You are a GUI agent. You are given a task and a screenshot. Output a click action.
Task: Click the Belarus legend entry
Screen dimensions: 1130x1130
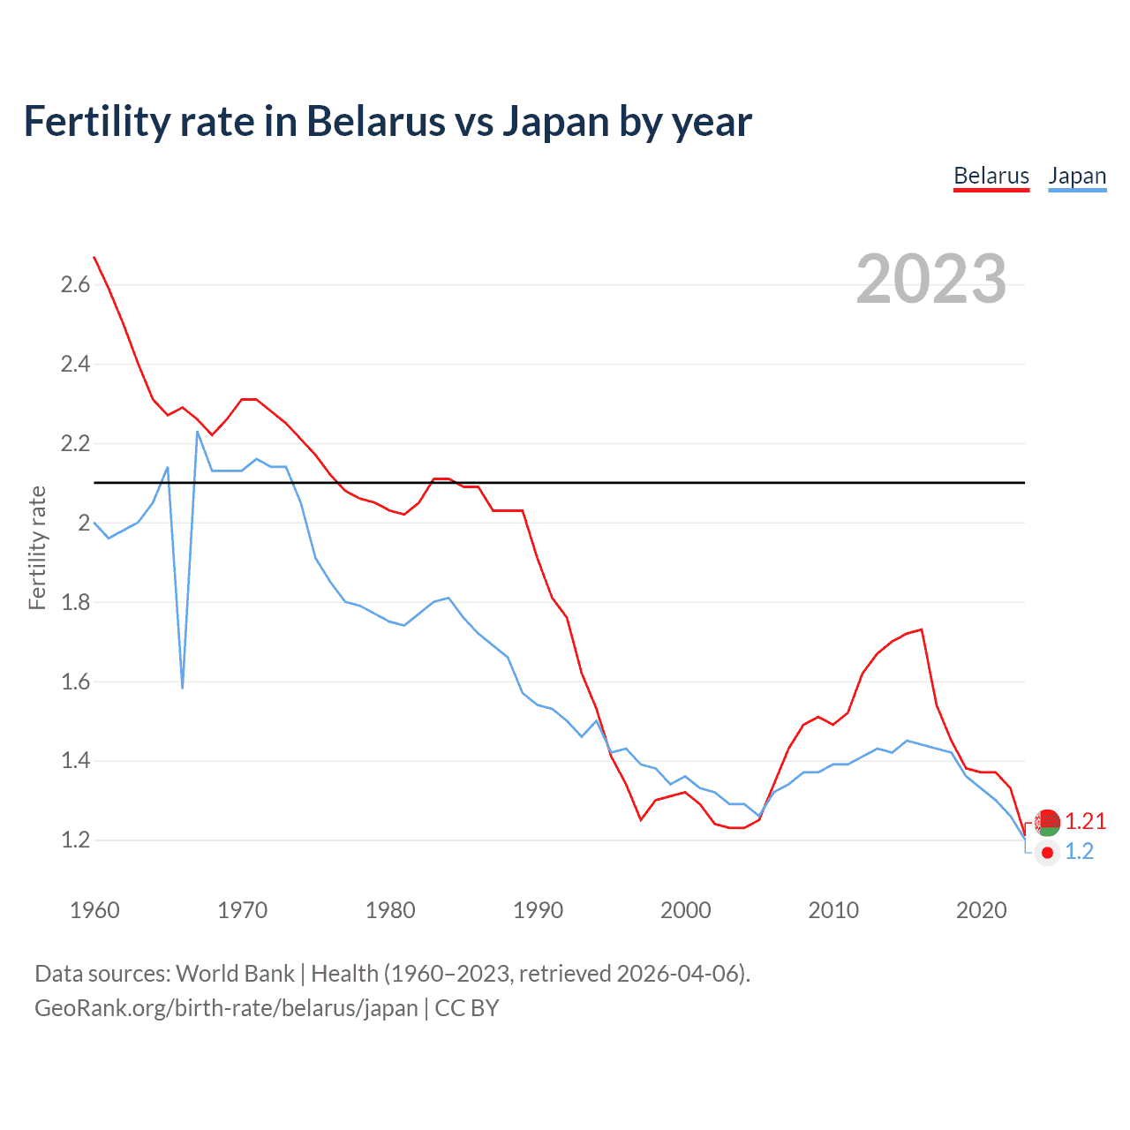click(x=991, y=176)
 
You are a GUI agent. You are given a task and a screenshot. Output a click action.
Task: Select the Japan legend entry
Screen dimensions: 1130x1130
click(x=1077, y=176)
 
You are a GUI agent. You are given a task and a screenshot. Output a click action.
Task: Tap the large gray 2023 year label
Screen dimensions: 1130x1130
click(x=931, y=279)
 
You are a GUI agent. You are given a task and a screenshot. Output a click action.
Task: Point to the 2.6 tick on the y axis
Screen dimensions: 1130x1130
click(x=75, y=284)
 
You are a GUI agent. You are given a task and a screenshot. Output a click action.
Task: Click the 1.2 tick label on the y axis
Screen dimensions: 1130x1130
click(x=75, y=840)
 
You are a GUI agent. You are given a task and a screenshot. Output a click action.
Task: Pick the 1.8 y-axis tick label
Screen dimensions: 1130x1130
click(x=75, y=602)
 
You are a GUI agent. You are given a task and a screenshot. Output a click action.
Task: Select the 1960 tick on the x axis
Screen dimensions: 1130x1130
click(x=94, y=910)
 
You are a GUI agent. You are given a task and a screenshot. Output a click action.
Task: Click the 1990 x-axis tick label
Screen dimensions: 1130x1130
click(x=538, y=910)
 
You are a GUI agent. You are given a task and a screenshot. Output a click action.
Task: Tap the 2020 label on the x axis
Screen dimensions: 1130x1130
click(x=981, y=910)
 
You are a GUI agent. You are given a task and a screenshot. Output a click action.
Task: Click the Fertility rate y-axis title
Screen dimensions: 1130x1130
click(x=37, y=547)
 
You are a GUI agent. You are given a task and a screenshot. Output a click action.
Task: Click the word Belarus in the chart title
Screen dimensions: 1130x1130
click(x=375, y=121)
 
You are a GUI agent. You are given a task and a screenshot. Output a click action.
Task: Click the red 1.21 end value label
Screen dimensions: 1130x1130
click(x=1085, y=821)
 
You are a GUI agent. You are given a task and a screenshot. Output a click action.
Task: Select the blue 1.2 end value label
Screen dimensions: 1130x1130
click(x=1079, y=851)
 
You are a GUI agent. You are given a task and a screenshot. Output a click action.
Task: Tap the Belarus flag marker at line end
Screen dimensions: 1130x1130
click(x=1047, y=822)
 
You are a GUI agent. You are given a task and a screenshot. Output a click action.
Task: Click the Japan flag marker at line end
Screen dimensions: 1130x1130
click(x=1047, y=853)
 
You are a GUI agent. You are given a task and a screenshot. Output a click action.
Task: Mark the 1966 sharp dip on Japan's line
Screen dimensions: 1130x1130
click(x=183, y=687)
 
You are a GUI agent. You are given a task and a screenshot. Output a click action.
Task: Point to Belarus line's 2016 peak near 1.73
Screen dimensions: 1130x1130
click(x=922, y=629)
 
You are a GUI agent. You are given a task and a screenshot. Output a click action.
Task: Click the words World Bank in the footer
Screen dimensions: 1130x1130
click(x=235, y=973)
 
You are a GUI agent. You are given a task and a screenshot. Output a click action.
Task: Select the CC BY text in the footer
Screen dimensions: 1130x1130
click(x=467, y=1007)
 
